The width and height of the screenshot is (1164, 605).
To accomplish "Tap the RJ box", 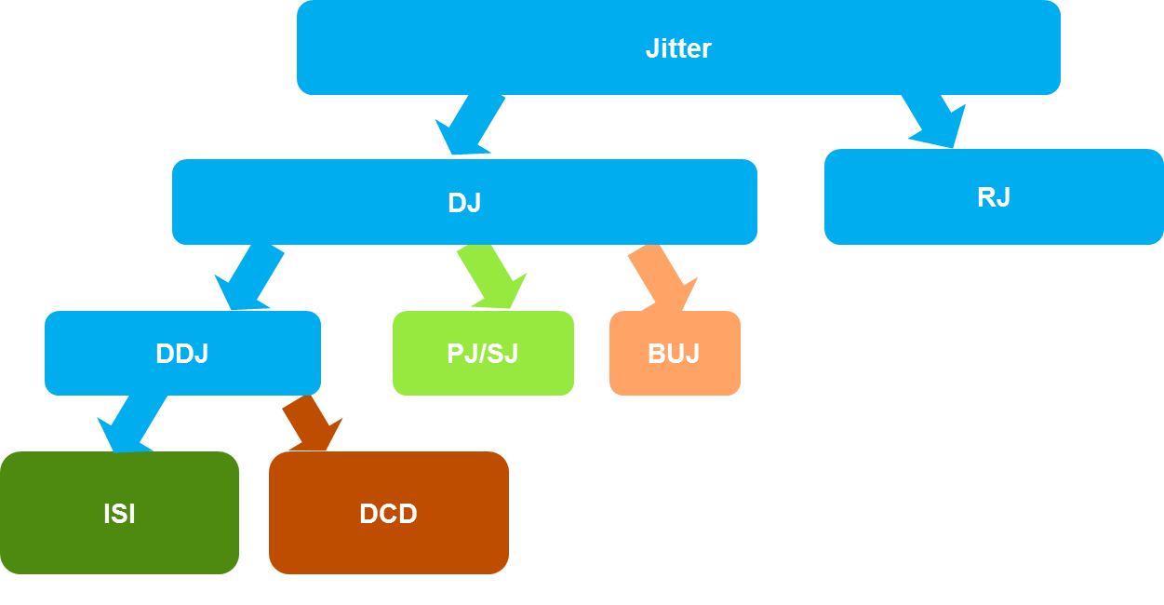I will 1070,197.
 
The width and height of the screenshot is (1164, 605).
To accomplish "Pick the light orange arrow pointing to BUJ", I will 663,276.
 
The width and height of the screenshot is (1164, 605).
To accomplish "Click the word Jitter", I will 678,48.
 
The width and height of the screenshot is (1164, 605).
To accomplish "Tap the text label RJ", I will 994,197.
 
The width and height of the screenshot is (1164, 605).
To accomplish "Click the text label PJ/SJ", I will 483,354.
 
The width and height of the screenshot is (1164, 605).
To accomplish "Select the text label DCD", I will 388,514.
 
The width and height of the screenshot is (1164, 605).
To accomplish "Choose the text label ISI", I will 119,514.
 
